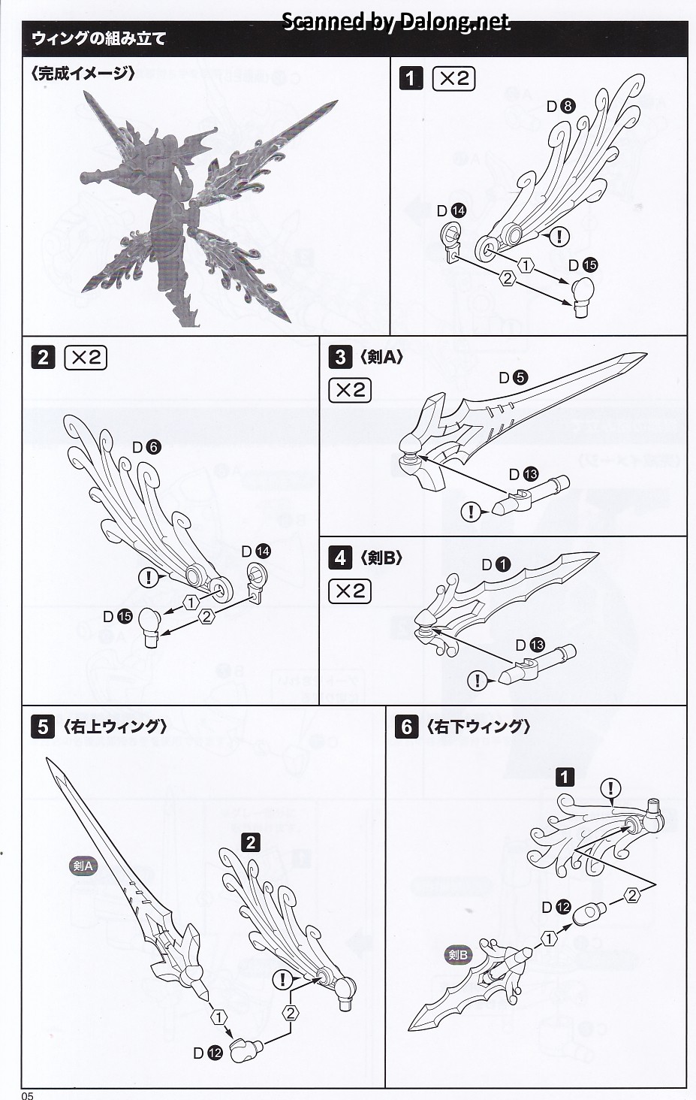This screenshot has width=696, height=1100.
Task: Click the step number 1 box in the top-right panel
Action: coord(411,78)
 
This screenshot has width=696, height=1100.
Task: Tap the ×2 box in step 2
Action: coord(86,358)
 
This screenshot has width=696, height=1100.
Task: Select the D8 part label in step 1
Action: coord(560,106)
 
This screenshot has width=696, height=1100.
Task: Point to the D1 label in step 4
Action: coord(496,564)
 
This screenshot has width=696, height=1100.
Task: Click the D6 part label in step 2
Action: coord(146,447)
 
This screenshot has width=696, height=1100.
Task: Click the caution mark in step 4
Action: coord(477,681)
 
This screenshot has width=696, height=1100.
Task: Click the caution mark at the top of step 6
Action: coord(612,788)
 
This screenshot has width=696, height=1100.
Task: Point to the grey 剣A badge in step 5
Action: coord(83,866)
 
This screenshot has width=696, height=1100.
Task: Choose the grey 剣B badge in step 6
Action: coord(457,955)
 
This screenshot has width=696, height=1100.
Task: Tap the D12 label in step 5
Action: coord(207,1053)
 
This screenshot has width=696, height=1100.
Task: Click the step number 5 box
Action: coord(43,727)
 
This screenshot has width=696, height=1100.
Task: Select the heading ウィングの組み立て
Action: coord(98,38)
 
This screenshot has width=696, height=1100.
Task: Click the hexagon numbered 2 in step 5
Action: coord(291,1013)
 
